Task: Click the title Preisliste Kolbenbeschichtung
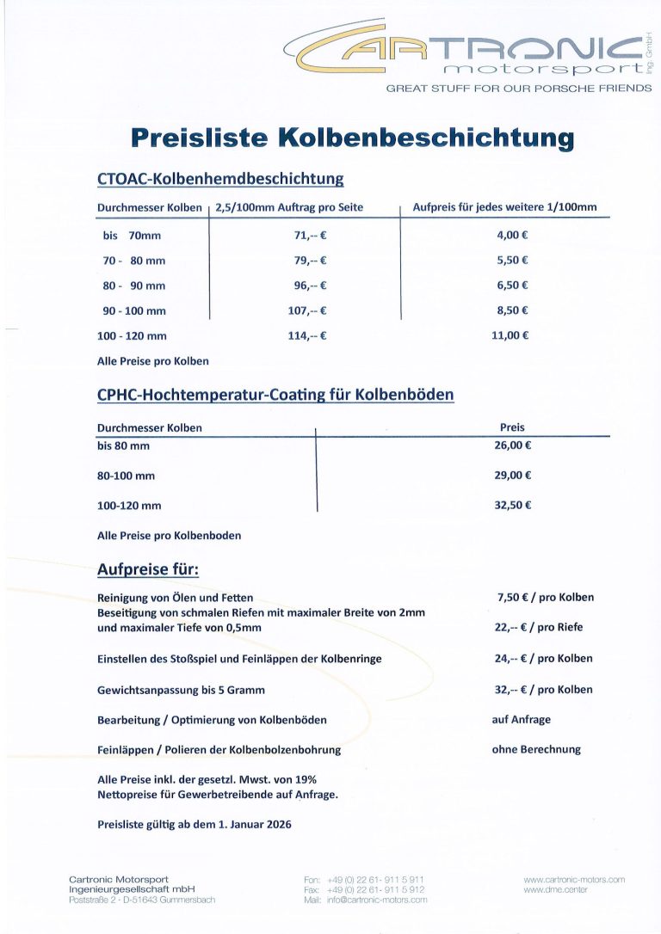[352, 138]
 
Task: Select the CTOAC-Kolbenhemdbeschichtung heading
[220, 179]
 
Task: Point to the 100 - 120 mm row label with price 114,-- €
[132, 335]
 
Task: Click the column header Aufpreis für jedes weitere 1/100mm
[504, 207]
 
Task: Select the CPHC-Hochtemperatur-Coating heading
[275, 395]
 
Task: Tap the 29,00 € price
[512, 475]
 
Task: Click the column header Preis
[512, 427]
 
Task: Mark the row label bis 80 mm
[123, 445]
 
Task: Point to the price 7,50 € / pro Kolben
[545, 597]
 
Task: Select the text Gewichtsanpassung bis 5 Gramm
[181, 690]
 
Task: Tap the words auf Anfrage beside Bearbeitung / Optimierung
[521, 719]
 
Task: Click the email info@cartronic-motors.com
[377, 900]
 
